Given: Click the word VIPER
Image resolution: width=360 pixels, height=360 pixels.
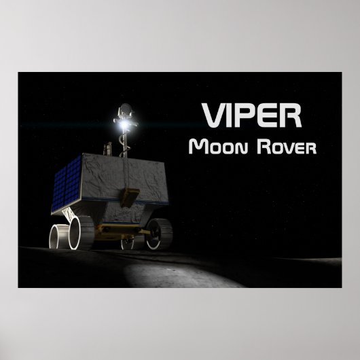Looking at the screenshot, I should (251, 117).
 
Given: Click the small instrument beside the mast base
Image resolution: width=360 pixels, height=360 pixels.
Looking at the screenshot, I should (107, 147).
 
